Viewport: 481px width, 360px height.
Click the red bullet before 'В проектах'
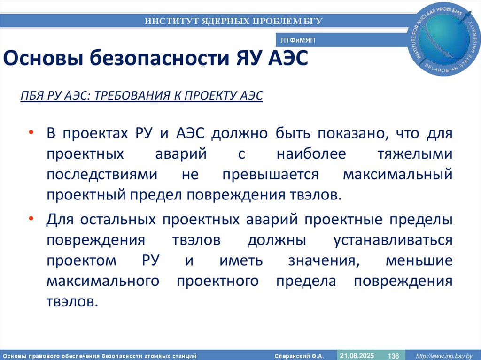coord(31,134)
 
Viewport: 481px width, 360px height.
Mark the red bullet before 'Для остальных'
coord(31,219)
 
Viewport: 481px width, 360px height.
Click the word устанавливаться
coord(393,240)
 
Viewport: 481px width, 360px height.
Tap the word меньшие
coord(419,260)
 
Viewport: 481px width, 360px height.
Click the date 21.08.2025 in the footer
coord(357,355)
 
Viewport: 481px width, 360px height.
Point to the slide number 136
coord(393,356)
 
